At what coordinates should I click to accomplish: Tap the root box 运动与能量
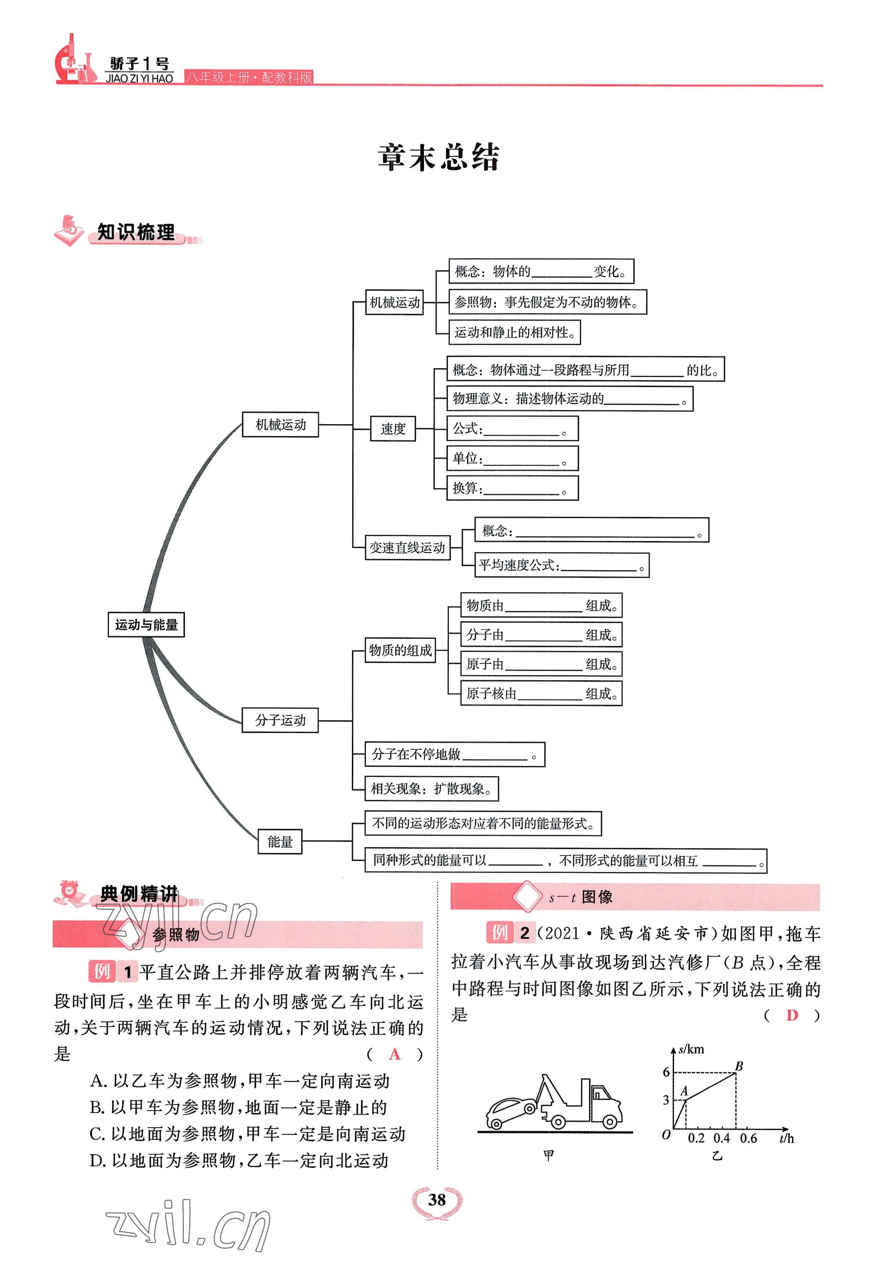146,625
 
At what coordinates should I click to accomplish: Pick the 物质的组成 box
400,650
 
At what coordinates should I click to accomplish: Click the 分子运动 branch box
280,720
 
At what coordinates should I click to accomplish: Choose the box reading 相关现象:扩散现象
431,789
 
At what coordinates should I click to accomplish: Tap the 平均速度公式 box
561,565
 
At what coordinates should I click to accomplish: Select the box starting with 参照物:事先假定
547,302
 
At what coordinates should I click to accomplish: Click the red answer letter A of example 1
394,1054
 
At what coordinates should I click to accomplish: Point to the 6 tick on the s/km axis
666,1072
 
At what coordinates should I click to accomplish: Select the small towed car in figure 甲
510,1111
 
